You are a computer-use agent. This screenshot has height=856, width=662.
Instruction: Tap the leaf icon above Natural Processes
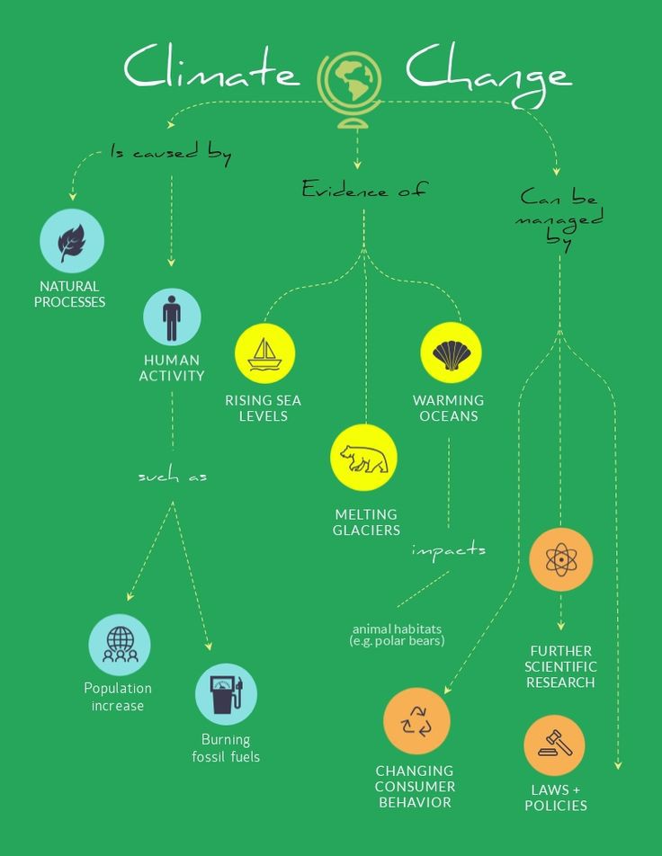pos(72,241)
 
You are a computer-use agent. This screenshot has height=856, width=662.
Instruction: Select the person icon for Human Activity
pos(172,317)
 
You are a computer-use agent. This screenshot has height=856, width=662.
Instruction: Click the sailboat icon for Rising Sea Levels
pos(265,353)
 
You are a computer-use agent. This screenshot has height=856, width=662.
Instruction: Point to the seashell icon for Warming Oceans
pos(452,352)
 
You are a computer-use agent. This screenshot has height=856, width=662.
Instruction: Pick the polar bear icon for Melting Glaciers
pos(363,458)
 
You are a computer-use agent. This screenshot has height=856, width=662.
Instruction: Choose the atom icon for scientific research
pos(561,559)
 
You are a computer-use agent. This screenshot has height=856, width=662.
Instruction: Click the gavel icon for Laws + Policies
pos(554,745)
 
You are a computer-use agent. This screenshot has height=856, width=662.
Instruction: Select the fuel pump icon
pos(226,694)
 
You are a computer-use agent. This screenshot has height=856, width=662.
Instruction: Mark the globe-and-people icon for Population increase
pos(120,645)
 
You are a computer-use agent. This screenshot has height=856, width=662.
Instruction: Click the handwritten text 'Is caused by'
pos(171,153)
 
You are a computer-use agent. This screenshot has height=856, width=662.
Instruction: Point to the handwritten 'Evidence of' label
pos(363,190)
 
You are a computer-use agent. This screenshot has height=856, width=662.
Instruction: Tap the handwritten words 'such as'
pos(173,476)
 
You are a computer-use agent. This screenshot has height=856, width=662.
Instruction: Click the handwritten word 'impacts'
pos(449,550)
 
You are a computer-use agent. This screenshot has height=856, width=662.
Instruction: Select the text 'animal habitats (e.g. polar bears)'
pos(397,635)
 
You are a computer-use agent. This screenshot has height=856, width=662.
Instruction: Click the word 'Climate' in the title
pos(212,67)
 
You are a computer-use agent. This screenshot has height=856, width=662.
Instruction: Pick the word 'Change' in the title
pos(488,75)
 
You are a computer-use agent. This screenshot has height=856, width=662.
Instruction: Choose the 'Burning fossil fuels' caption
pos(226,748)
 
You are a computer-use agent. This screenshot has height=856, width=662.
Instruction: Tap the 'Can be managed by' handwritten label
pos(559,218)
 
